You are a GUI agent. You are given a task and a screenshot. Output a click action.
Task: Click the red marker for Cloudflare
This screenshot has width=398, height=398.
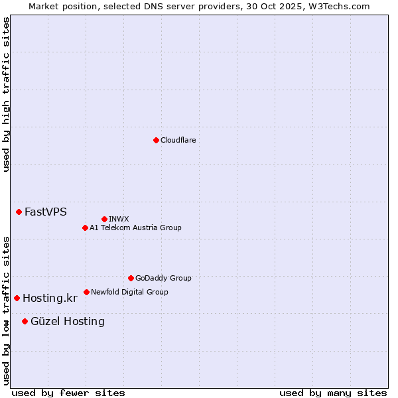click(x=156, y=140)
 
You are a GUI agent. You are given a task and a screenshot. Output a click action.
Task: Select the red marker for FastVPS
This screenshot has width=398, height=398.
click(x=19, y=212)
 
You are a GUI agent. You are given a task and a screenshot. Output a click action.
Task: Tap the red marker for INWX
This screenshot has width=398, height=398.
click(x=104, y=219)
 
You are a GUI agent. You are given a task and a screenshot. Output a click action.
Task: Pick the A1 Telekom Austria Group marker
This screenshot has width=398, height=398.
click(x=85, y=228)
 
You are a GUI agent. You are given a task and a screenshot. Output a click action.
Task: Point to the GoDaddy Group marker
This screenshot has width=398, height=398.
click(x=131, y=278)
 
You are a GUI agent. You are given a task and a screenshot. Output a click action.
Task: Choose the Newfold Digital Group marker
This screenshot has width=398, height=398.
click(x=86, y=292)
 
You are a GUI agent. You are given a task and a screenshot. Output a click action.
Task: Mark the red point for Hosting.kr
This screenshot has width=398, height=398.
click(x=17, y=298)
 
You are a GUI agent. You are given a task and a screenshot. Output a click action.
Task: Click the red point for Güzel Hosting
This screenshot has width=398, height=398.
click(x=25, y=321)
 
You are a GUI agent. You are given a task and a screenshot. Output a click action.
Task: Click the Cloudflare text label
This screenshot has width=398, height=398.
click(x=178, y=140)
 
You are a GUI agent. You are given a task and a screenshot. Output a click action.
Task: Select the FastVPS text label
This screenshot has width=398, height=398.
click(x=46, y=212)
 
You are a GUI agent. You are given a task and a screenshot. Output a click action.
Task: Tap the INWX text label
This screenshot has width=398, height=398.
click(x=119, y=219)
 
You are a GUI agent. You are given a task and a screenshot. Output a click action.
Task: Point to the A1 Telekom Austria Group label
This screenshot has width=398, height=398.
click(x=135, y=228)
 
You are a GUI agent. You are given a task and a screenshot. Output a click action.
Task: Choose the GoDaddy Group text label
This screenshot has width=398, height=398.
click(x=163, y=278)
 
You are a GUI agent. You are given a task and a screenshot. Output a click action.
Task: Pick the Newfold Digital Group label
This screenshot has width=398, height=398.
click(x=129, y=292)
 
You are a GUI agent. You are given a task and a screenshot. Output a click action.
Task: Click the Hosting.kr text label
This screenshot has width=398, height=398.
click(x=50, y=298)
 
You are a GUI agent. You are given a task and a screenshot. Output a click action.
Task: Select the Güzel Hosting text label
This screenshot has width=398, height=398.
click(x=68, y=322)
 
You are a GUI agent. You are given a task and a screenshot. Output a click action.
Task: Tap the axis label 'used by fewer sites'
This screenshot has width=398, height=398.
click(x=68, y=393)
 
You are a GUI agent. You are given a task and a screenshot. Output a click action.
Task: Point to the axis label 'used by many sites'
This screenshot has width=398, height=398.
click(x=333, y=393)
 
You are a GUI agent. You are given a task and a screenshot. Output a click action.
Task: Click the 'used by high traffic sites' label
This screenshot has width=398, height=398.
click(x=6, y=95)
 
